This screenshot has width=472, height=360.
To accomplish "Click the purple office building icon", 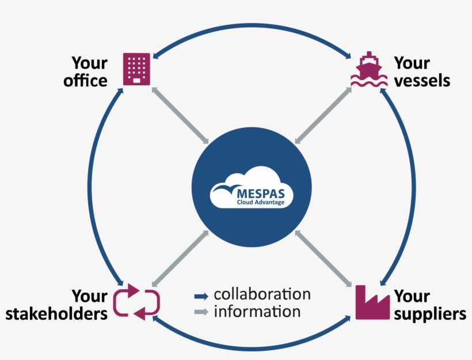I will (136, 69).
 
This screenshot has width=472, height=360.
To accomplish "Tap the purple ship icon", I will (368, 70).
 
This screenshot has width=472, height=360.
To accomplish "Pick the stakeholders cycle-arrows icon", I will (136, 301).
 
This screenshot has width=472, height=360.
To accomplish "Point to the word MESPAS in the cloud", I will (260, 190).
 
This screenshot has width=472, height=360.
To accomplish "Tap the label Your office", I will (86, 71).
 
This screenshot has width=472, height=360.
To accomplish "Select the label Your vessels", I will (421, 71).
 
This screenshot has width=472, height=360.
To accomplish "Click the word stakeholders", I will (56, 314).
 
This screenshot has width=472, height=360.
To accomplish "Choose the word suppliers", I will (429, 314).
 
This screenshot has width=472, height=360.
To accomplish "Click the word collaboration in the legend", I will (262, 294).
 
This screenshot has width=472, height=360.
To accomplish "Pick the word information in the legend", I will (257, 312).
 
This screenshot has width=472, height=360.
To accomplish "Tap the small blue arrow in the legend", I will (201, 296).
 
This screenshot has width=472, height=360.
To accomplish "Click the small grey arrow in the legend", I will (201, 313).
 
